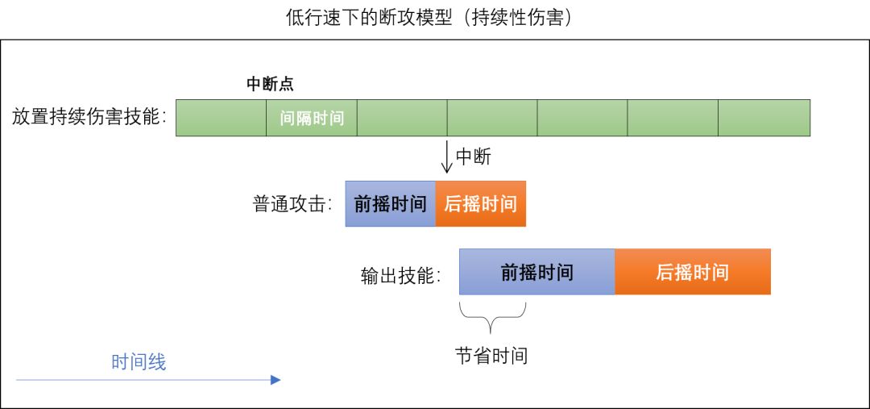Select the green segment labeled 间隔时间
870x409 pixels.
[312, 118]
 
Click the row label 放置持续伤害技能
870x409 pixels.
[89, 117]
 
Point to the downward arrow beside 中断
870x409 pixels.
[447, 157]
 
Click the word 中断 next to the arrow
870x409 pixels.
[474, 157]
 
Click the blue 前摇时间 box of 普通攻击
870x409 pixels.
[390, 203]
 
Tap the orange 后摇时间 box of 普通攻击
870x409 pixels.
[480, 203]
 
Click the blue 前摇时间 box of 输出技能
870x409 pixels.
[536, 272]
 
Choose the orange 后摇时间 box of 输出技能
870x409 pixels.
[692, 272]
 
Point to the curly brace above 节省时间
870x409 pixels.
[492, 317]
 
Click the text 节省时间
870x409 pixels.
[491, 356]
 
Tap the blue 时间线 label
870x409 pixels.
[139, 362]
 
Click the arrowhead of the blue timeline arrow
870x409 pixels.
[275, 379]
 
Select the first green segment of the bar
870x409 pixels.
[221, 118]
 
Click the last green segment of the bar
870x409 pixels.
[764, 118]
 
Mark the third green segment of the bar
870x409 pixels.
[402, 118]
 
